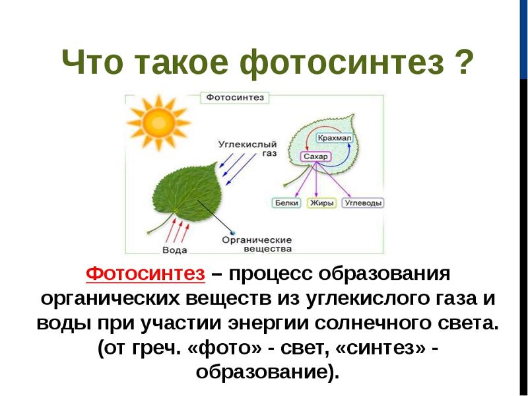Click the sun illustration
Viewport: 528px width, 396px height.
point(158,123)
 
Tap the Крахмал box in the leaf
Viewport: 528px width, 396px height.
point(335,138)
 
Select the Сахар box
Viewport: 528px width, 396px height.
point(315,156)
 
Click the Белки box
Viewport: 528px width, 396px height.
point(286,203)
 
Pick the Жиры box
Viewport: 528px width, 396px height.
point(322,203)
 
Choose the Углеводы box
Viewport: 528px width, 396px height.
point(363,203)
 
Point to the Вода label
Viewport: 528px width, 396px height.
point(174,250)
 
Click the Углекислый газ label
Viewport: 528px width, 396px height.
point(247,148)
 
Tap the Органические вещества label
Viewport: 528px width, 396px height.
point(257,244)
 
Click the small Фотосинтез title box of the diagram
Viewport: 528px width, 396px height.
point(235,98)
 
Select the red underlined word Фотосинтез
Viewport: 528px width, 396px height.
point(145,273)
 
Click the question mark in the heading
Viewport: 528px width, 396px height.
point(462,62)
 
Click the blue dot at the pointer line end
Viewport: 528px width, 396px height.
point(232,232)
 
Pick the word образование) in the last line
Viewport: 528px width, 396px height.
point(267,372)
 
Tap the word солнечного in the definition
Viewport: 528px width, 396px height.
point(373,323)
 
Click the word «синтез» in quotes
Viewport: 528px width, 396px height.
point(380,348)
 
